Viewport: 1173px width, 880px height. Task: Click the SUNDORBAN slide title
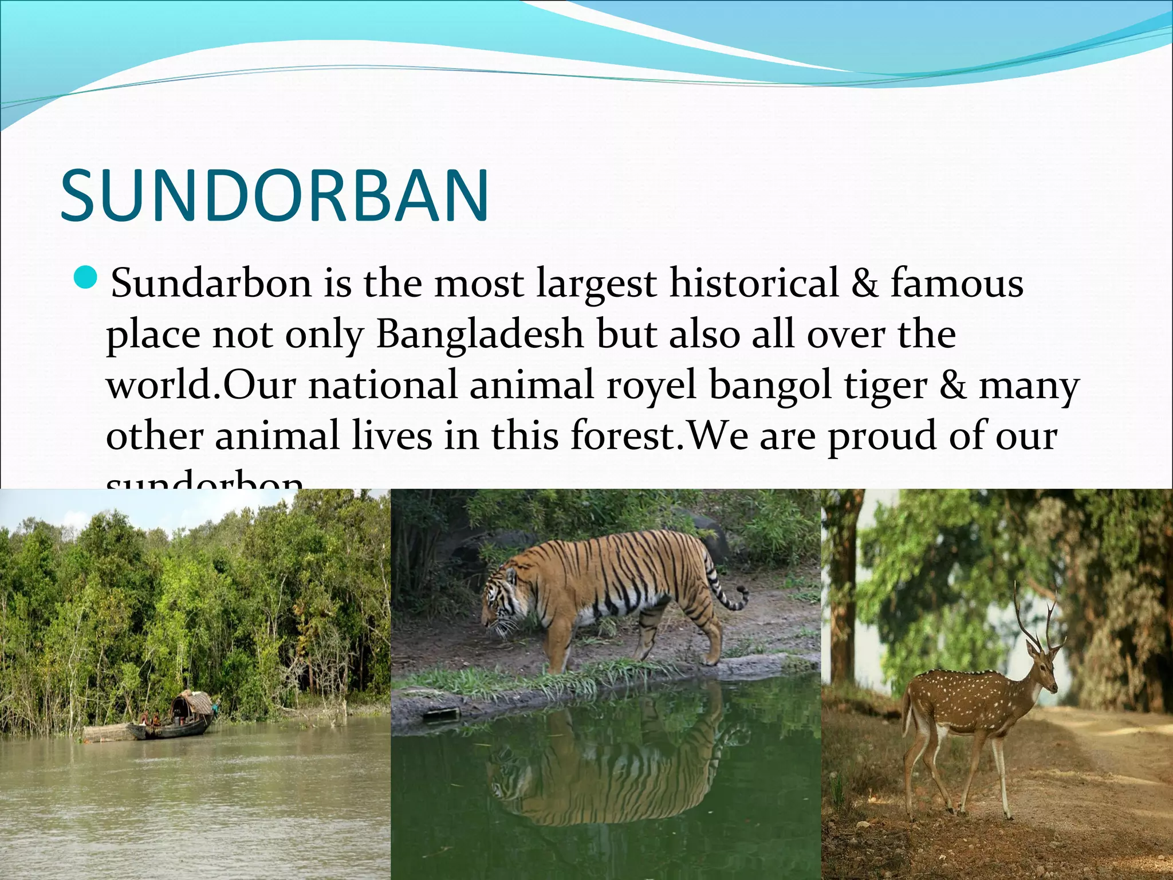tap(274, 196)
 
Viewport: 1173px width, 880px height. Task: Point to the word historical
tap(754, 284)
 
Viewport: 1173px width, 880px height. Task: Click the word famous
tap(956, 284)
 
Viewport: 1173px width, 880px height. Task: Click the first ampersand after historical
tap(864, 284)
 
